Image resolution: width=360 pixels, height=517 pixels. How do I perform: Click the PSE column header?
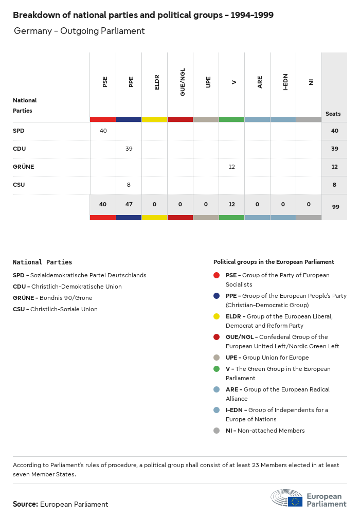pyautogui.click(x=105, y=82)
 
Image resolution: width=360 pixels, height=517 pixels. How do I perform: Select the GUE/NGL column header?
pyautogui.click(x=183, y=82)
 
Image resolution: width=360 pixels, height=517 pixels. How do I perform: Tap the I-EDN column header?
pyautogui.click(x=285, y=82)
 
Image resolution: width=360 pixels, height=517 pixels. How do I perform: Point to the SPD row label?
pyautogui.click(x=19, y=131)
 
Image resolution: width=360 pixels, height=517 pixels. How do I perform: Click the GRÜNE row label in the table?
pyautogui.click(x=24, y=167)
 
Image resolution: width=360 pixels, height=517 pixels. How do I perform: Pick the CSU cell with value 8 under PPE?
pyautogui.click(x=129, y=185)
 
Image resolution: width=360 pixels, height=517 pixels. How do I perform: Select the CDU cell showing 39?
pyautogui.click(x=129, y=149)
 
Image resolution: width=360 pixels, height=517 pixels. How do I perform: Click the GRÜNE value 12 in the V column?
pyautogui.click(x=232, y=167)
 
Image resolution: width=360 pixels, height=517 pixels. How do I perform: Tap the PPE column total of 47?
pyautogui.click(x=129, y=204)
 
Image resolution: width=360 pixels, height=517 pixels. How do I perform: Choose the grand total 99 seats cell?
pyautogui.click(x=335, y=207)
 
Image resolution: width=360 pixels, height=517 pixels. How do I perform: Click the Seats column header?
pyautogui.click(x=333, y=114)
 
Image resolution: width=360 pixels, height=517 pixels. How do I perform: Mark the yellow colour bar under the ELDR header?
pyautogui.click(x=154, y=119)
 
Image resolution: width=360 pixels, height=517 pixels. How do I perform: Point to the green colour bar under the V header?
pyautogui.click(x=231, y=119)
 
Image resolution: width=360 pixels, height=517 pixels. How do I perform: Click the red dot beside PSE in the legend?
pyautogui.click(x=217, y=275)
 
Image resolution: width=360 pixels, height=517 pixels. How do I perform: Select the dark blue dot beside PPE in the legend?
pyautogui.click(x=217, y=296)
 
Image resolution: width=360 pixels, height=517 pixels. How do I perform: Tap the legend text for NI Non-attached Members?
pyautogui.click(x=265, y=431)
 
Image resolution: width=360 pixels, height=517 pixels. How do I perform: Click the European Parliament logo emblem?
pyautogui.click(x=287, y=498)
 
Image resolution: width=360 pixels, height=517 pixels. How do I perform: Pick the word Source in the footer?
pyautogui.click(x=25, y=504)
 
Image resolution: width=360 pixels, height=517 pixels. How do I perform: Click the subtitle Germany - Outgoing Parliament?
pyautogui.click(x=79, y=31)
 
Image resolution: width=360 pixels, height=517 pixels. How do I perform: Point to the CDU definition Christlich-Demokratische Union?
pyautogui.click(x=76, y=287)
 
